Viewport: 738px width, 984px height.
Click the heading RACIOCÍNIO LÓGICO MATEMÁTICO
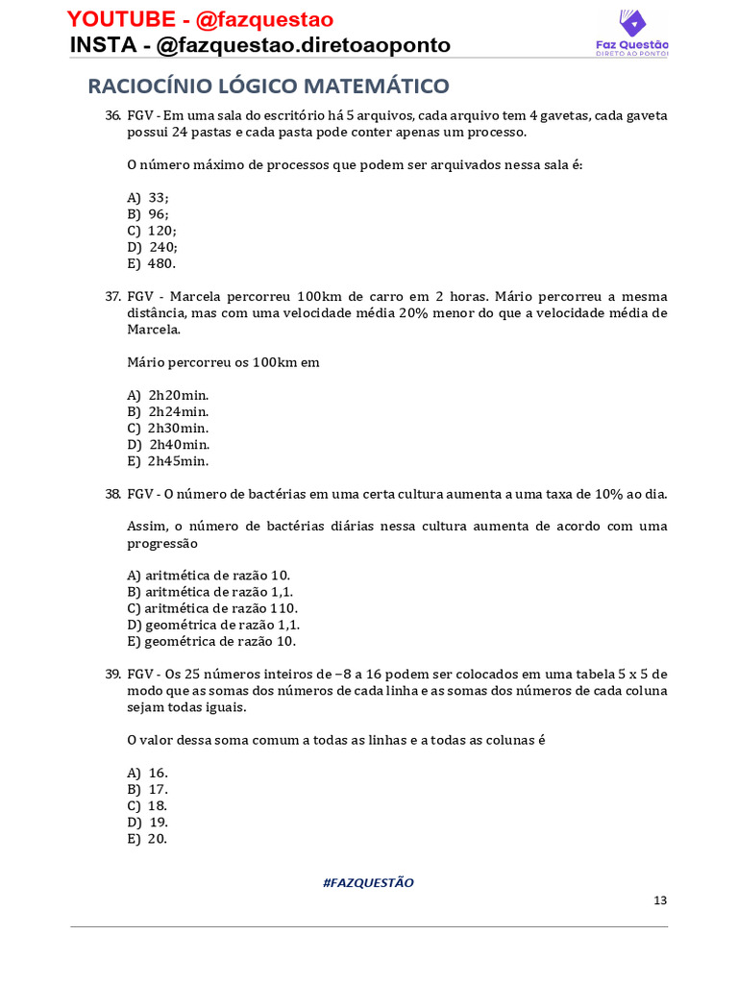point(268,86)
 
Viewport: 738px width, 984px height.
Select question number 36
point(112,115)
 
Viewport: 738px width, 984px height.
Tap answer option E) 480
point(152,263)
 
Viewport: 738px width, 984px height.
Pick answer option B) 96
point(148,214)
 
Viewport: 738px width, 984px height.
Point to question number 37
point(112,296)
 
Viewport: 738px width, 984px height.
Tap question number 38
point(112,494)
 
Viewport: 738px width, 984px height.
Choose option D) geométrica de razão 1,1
point(210,625)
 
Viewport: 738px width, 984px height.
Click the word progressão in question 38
point(162,543)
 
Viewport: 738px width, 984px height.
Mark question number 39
point(112,675)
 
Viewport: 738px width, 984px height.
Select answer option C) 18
point(148,805)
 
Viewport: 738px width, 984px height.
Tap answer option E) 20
point(148,838)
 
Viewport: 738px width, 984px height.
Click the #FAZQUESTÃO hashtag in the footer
point(368,882)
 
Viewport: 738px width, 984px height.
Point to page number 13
point(660,900)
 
